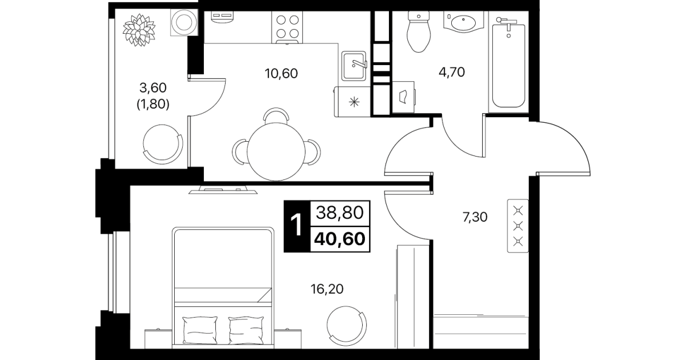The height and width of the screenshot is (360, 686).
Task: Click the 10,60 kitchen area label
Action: (281, 74)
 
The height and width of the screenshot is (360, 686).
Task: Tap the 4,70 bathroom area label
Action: (452, 73)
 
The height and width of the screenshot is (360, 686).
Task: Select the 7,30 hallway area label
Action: (475, 217)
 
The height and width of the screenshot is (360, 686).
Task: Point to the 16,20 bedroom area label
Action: (327, 289)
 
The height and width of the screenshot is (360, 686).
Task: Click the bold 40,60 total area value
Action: (340, 239)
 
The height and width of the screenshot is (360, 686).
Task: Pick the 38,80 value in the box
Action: (340, 213)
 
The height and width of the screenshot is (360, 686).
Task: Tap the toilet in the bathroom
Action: (419, 31)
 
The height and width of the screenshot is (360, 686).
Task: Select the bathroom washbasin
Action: (463, 22)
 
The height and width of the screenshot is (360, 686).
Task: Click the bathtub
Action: (509, 65)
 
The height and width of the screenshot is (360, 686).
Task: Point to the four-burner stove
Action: (287, 27)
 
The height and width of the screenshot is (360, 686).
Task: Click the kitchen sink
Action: (354, 66)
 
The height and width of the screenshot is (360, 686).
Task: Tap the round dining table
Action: (276, 151)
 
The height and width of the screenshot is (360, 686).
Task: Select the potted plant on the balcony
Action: (139, 30)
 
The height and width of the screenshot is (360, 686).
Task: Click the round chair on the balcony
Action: (163, 143)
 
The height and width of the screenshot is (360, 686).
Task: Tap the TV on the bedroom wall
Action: (223, 190)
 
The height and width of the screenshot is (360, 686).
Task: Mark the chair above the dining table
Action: (276, 115)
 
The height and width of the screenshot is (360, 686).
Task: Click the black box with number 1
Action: (297, 226)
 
